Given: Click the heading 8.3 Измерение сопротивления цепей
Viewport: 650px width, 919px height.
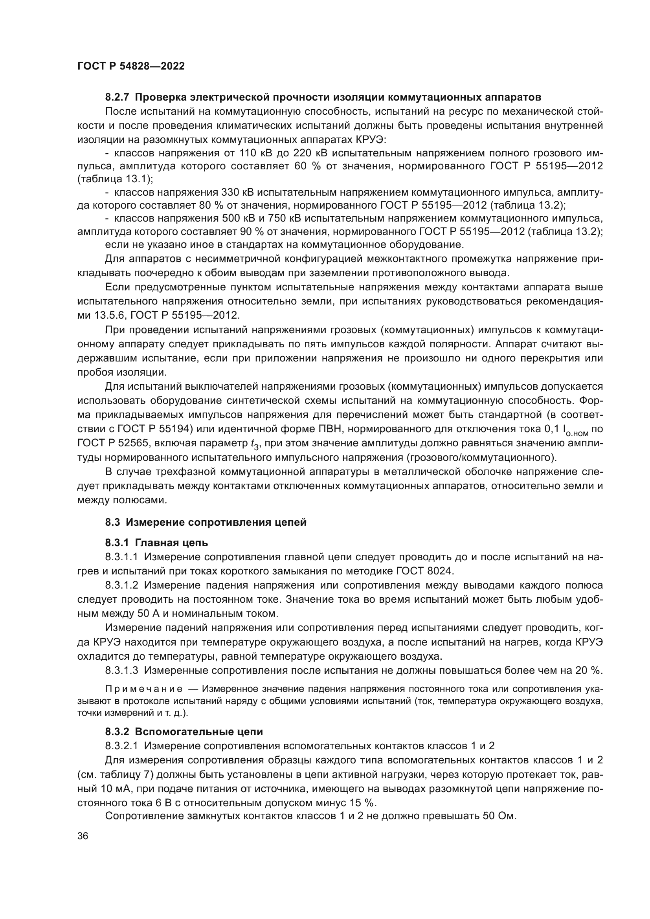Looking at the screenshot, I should (206, 522).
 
